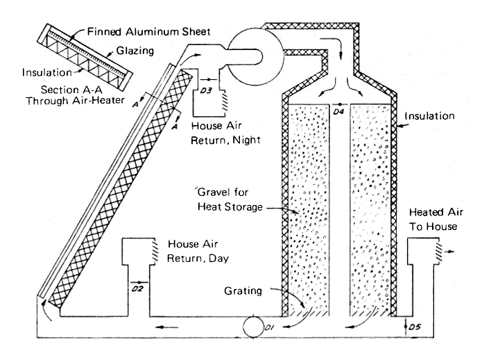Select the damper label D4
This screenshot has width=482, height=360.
pos(338,111)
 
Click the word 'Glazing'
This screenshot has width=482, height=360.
pos(130,50)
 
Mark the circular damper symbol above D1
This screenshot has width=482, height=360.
pos(250,325)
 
